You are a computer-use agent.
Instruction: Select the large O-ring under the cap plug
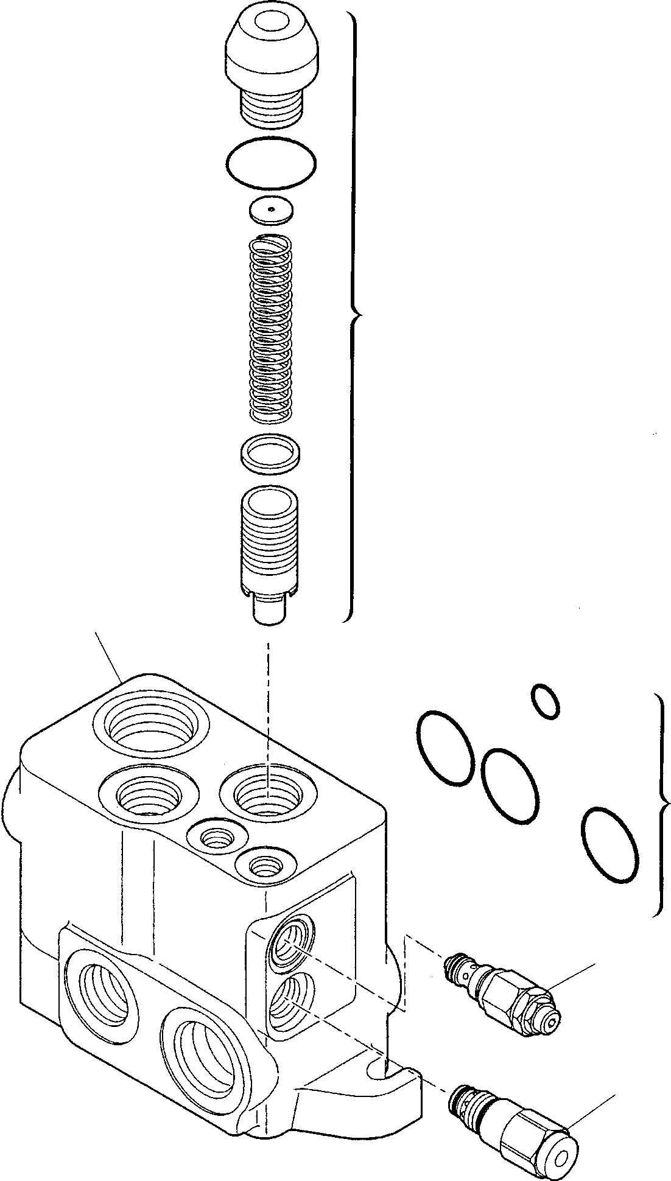click(271, 161)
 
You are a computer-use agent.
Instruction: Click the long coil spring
click(272, 328)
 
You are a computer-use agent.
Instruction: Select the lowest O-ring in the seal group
click(610, 845)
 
